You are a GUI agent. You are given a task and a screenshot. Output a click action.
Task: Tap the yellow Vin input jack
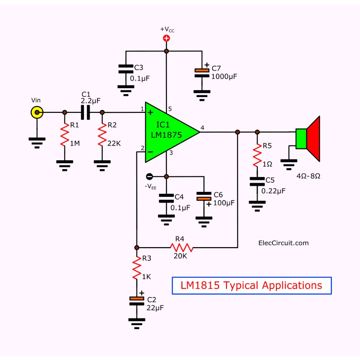click(37, 113)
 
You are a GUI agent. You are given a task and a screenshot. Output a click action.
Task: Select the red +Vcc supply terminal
click(167, 39)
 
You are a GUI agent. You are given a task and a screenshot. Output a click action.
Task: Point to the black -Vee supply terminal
click(149, 176)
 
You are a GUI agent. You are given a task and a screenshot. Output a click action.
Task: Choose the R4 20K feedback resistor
click(182, 247)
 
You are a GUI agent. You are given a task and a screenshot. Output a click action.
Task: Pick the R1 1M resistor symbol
click(65, 137)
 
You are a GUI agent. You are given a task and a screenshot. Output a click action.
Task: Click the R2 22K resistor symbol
click(102, 137)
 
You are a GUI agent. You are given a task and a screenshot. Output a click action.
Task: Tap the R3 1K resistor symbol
click(136, 269)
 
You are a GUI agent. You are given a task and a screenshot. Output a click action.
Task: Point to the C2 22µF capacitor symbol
click(136, 301)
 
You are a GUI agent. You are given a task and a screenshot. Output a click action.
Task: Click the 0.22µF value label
click(274, 191)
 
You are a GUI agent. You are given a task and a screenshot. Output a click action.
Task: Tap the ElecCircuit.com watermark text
click(283, 243)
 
